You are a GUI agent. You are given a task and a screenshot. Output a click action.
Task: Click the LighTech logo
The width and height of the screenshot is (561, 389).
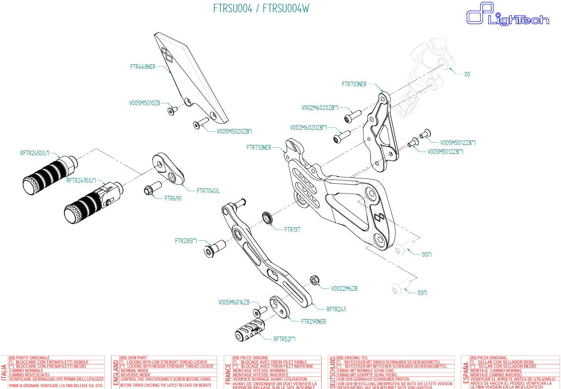[x=507, y=14]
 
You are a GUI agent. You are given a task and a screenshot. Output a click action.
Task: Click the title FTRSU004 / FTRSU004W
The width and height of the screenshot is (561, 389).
[x=261, y=9]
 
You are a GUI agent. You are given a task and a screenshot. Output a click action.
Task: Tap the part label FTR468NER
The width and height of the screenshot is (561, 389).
[x=142, y=67]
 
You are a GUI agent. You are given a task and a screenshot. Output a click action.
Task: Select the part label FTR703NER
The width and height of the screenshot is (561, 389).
[x=354, y=85]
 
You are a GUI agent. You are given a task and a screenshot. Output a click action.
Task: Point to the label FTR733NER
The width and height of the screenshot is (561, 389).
[x=259, y=147]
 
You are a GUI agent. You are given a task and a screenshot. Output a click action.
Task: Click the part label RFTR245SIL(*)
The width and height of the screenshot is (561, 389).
[x=35, y=153]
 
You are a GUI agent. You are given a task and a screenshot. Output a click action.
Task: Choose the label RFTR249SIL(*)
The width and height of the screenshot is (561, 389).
[x=81, y=180]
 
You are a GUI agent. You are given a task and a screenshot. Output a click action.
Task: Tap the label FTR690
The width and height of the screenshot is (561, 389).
[x=173, y=199]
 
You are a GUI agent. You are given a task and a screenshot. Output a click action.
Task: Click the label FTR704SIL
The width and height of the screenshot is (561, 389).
[x=208, y=191]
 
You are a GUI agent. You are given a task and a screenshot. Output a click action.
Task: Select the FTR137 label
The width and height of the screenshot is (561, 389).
[x=292, y=230]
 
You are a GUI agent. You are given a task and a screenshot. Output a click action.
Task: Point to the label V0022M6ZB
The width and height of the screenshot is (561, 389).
[x=344, y=288]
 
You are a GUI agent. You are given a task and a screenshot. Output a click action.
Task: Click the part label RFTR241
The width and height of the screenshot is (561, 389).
[x=336, y=310]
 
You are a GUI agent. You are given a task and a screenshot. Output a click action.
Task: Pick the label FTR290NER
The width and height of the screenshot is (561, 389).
[x=314, y=321]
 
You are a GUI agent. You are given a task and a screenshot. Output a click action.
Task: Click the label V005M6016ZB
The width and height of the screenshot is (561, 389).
[x=234, y=302]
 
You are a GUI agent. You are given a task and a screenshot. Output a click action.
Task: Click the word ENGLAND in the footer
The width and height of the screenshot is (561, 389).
[x=115, y=372]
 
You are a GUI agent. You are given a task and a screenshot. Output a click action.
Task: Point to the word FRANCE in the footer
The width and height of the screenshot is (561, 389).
[x=228, y=372]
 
